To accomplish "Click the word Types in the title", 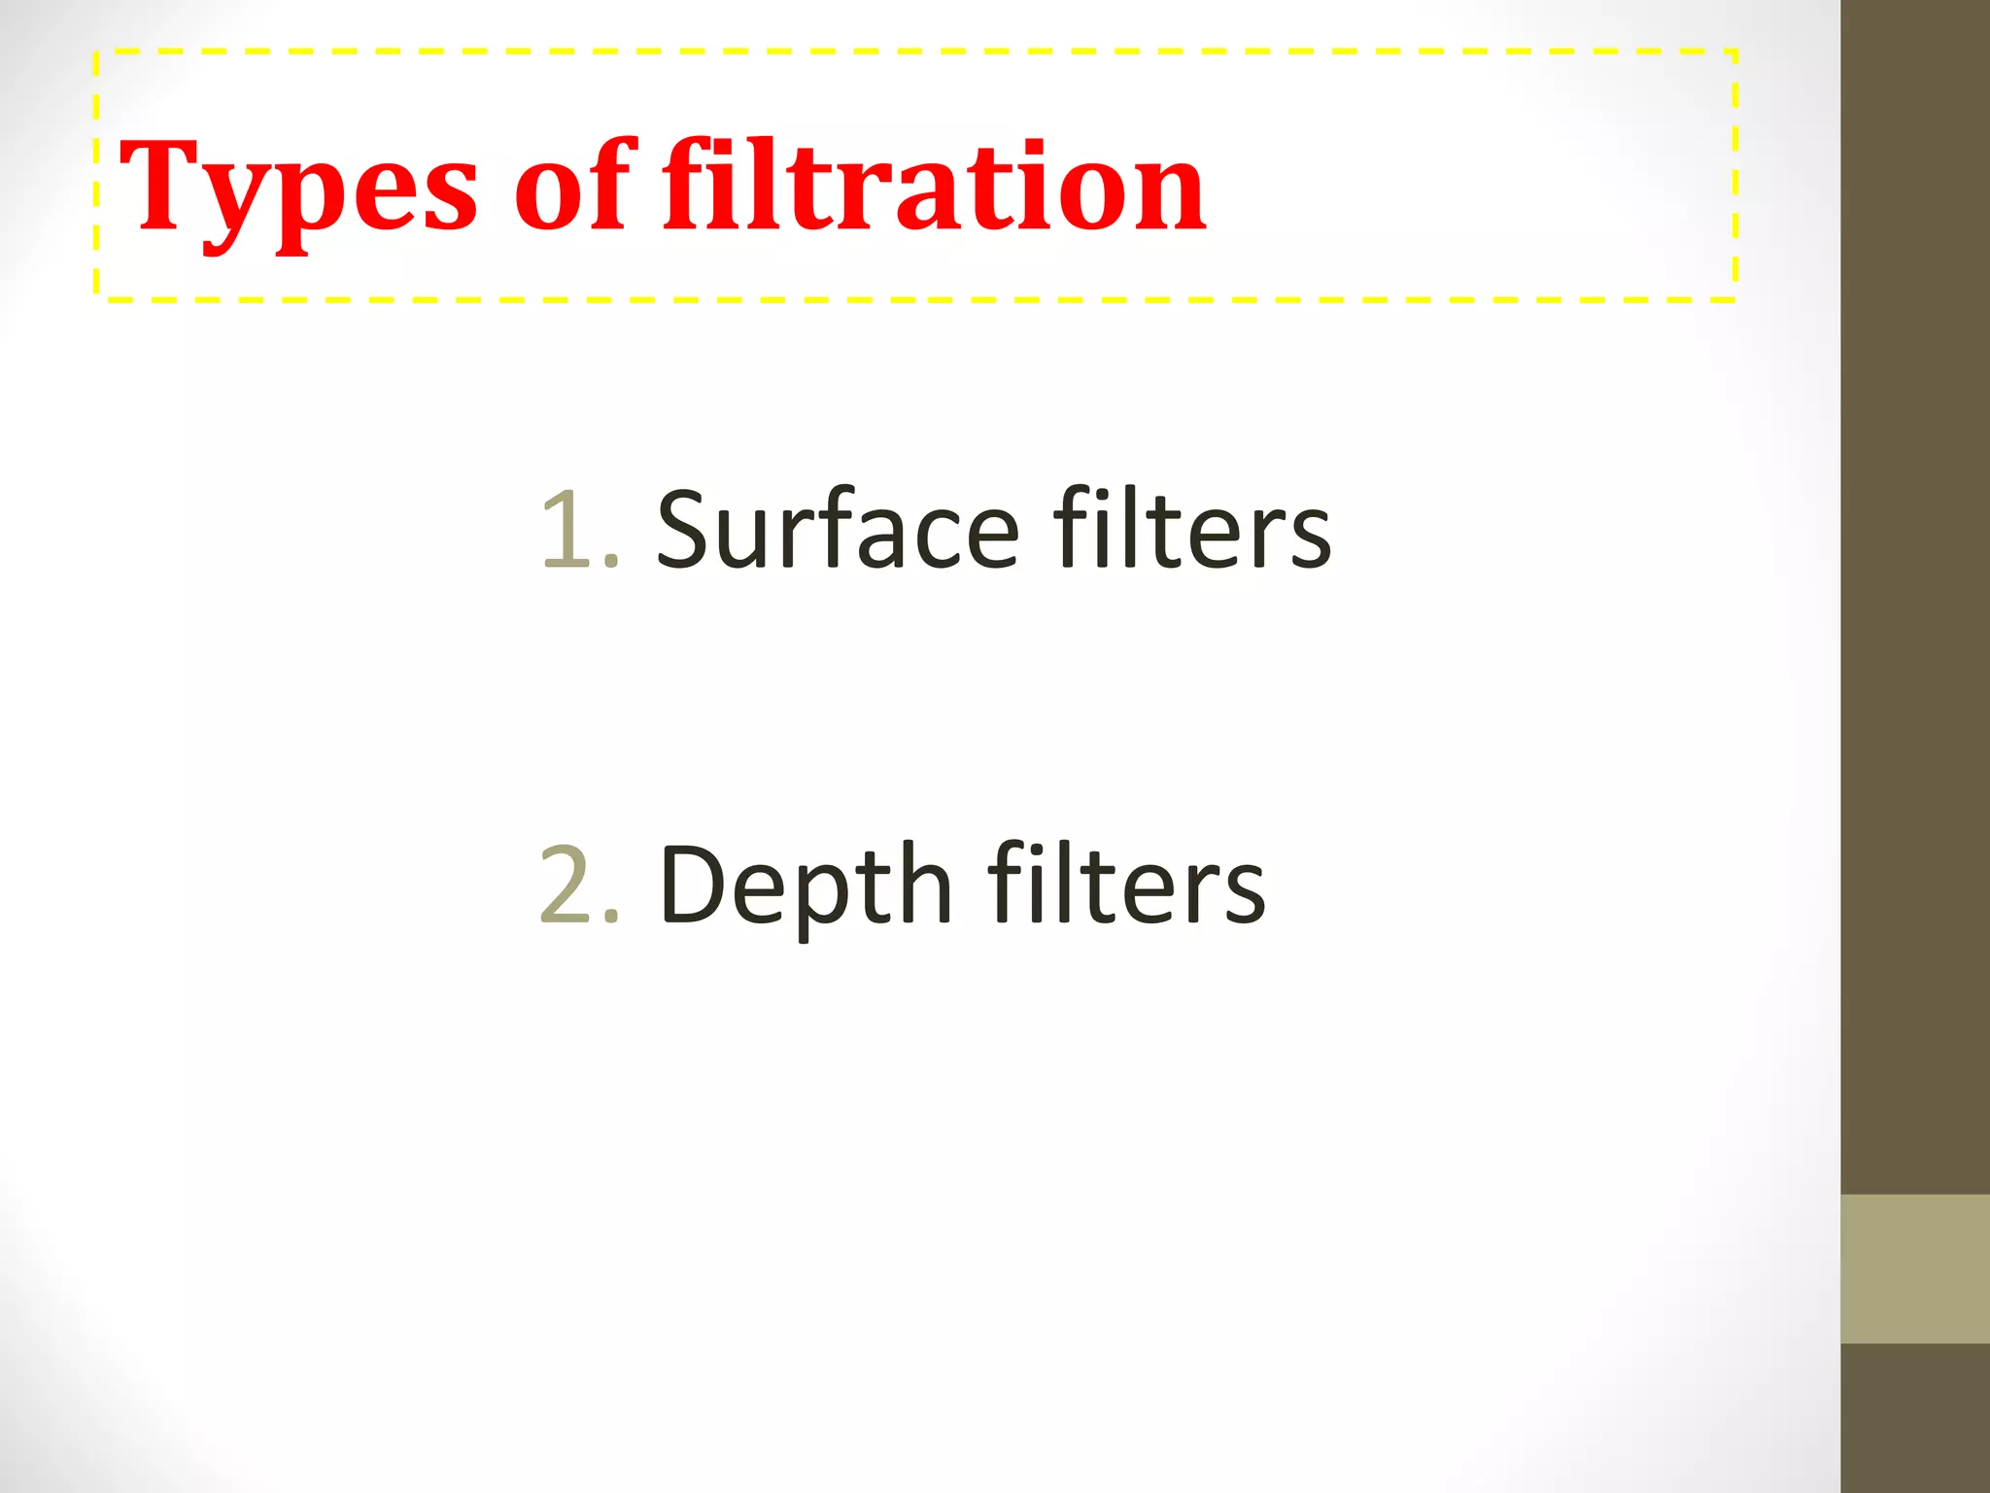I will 297,190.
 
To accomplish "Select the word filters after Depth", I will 1127,885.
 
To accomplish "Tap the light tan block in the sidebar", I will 1915,1268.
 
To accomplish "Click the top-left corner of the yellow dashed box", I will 97,52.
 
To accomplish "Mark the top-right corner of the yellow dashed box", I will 1734,52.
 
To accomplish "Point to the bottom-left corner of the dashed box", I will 97,298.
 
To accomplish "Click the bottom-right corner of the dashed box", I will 1734,298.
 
